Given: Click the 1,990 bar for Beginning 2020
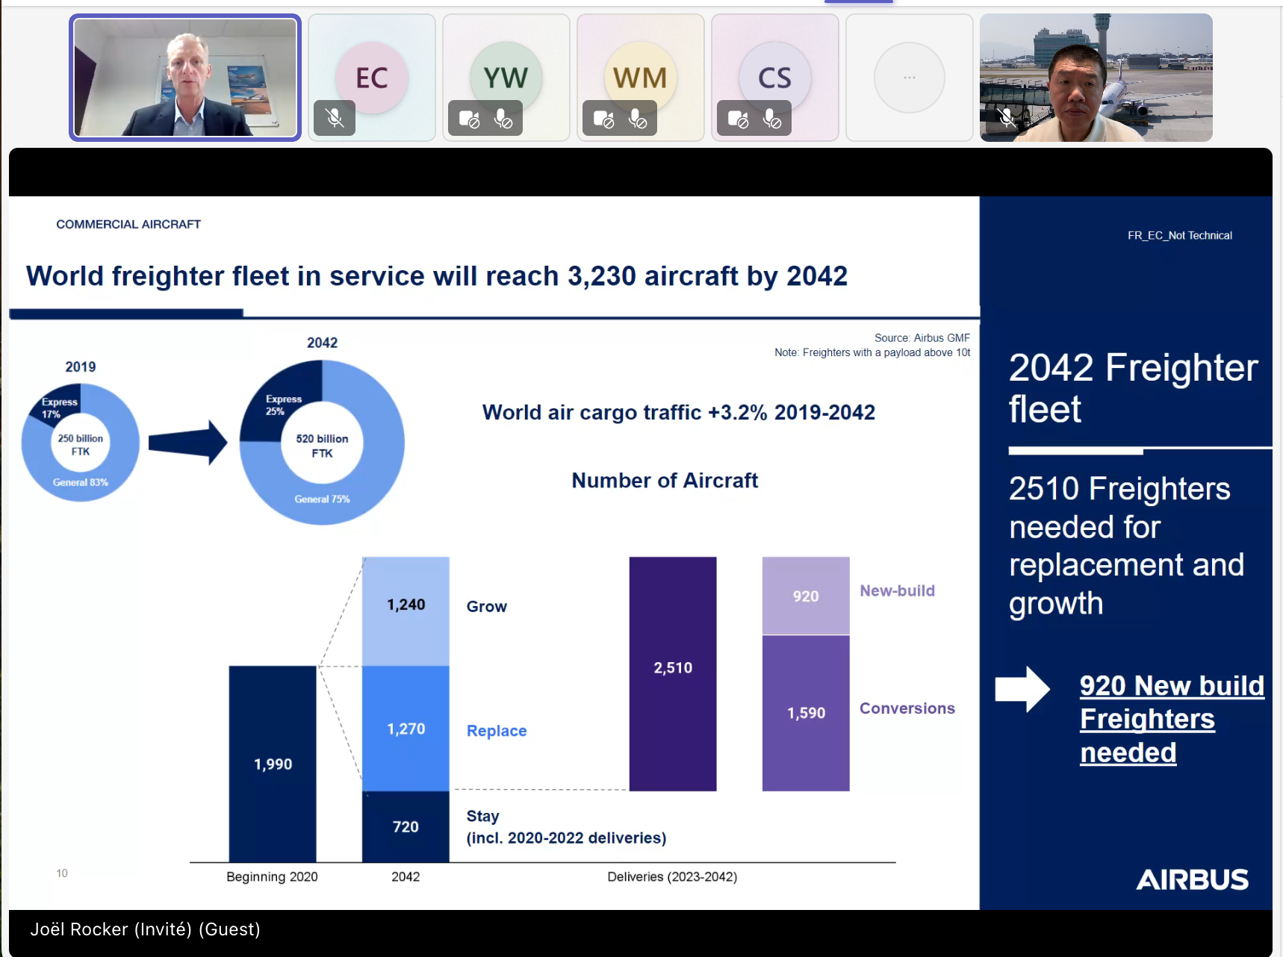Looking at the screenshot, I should tap(273, 763).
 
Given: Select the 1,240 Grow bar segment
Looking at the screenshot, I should tap(406, 610).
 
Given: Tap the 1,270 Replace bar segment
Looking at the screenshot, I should tap(406, 728).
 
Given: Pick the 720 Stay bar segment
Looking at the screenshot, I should tap(406, 826).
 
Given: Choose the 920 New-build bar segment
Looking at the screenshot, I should tap(806, 596).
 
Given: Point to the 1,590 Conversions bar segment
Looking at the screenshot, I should tap(806, 713).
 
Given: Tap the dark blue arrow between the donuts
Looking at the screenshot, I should tap(187, 443).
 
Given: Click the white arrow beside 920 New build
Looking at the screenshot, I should tap(1022, 688).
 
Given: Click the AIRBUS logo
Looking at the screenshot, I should tap(1192, 879).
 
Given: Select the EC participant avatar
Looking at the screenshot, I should tap(372, 78).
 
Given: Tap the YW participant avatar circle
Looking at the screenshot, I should tap(506, 78).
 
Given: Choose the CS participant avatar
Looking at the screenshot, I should tap(774, 78).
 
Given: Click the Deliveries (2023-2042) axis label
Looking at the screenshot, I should tap(672, 876).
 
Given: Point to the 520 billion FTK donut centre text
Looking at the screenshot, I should tap(322, 446).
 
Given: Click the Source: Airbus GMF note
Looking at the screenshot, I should tap(922, 338).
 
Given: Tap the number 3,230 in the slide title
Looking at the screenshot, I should tap(601, 276).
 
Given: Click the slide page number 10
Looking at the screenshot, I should tap(62, 873).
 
